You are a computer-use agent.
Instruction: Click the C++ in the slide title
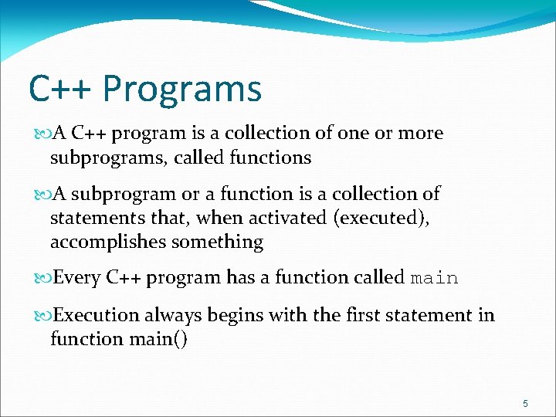coord(61,89)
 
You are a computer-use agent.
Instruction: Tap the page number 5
coord(525,403)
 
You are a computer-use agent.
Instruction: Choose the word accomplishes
coord(108,242)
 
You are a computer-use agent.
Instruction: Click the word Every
coord(77,278)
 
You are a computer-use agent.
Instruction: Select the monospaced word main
coord(435,278)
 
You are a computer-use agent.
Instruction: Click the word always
coord(171,315)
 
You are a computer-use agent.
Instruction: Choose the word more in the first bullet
coord(421,133)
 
